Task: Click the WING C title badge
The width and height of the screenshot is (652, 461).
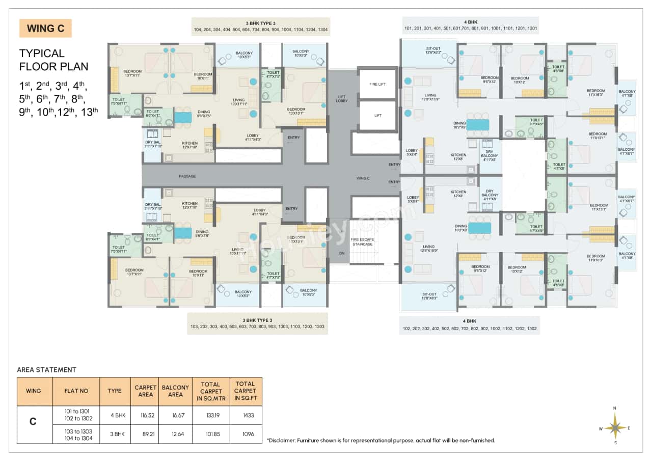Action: pos(45,29)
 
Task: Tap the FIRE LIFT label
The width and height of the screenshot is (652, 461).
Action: pos(377,85)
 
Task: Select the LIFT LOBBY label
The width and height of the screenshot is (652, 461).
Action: pos(342,99)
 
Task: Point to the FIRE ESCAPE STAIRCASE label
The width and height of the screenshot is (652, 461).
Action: pos(362,241)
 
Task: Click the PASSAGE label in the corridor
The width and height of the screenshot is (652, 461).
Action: pos(187,176)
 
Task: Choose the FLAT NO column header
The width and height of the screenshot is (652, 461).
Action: pos(76,391)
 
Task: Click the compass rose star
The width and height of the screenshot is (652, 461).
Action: pos(615,425)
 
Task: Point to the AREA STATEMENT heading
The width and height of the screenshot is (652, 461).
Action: pos(46,370)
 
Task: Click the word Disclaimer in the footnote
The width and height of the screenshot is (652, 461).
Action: pos(283,440)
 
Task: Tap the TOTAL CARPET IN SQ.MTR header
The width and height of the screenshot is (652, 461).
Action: pos(210,391)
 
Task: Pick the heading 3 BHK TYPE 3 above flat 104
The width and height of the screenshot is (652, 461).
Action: pos(260,23)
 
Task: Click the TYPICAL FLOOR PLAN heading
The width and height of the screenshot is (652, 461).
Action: pos(53,60)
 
